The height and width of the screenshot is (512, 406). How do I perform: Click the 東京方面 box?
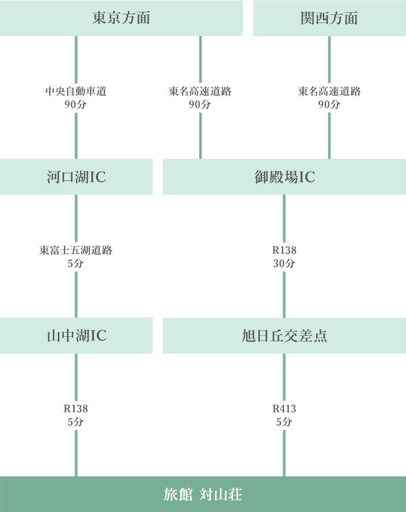coord(121,18)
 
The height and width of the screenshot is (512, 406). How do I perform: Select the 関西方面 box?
coord(329,18)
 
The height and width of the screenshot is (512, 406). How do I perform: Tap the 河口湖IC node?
coord(76,177)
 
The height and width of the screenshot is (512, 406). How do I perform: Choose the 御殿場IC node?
coord(284,177)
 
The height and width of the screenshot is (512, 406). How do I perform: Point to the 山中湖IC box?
coord(76,336)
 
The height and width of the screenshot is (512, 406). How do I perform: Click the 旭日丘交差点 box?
coord(284,336)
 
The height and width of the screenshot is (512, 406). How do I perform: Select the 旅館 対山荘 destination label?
coord(203,494)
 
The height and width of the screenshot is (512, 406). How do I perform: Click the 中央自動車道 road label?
coord(76,91)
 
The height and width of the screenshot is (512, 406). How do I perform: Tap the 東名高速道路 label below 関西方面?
coord(329,91)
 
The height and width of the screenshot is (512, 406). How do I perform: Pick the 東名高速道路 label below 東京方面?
coord(200,91)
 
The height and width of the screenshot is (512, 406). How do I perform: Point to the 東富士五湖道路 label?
coord(76,250)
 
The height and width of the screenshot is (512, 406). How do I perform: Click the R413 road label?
coord(284,409)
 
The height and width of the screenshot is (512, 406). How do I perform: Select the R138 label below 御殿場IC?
coord(284,250)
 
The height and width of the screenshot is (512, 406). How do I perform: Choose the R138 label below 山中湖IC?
coord(76,409)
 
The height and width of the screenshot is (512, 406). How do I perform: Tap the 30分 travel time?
coord(284,264)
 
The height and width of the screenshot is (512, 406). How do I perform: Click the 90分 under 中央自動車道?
coord(76,105)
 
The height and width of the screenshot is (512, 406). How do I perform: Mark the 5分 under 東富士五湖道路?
coord(76,264)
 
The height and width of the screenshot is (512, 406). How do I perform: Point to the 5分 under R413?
coord(284,422)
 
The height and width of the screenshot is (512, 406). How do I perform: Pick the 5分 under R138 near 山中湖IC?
coord(76,422)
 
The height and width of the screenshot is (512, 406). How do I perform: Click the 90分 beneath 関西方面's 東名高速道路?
coord(329,105)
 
